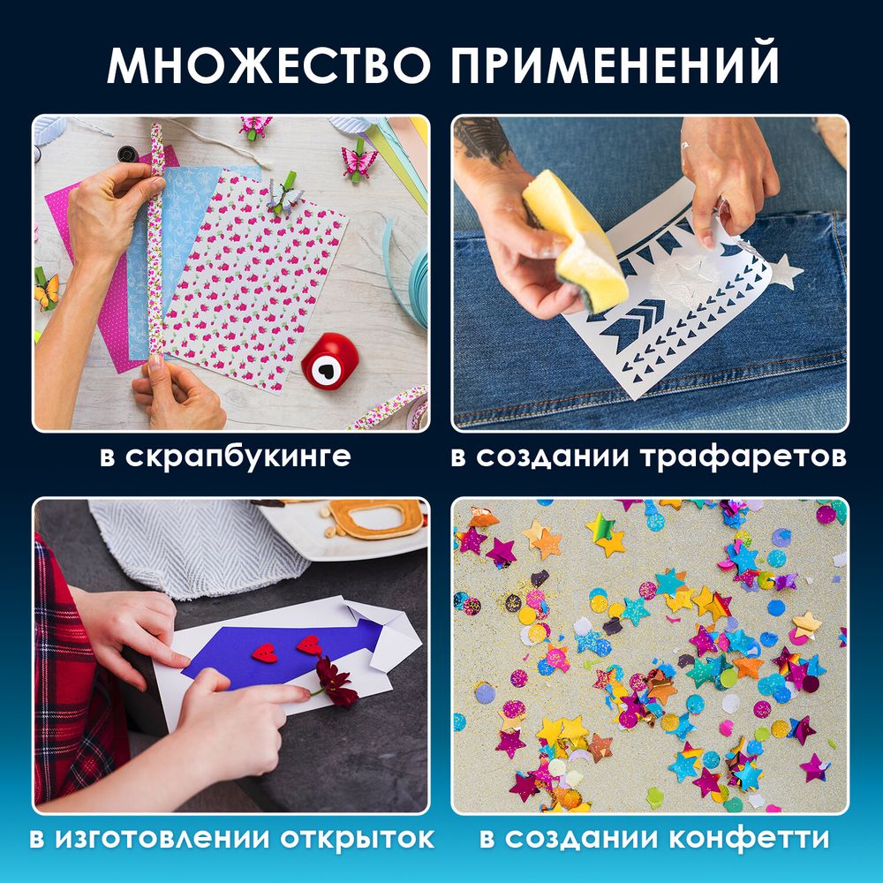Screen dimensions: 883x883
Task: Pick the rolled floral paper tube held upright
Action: (157, 238)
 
